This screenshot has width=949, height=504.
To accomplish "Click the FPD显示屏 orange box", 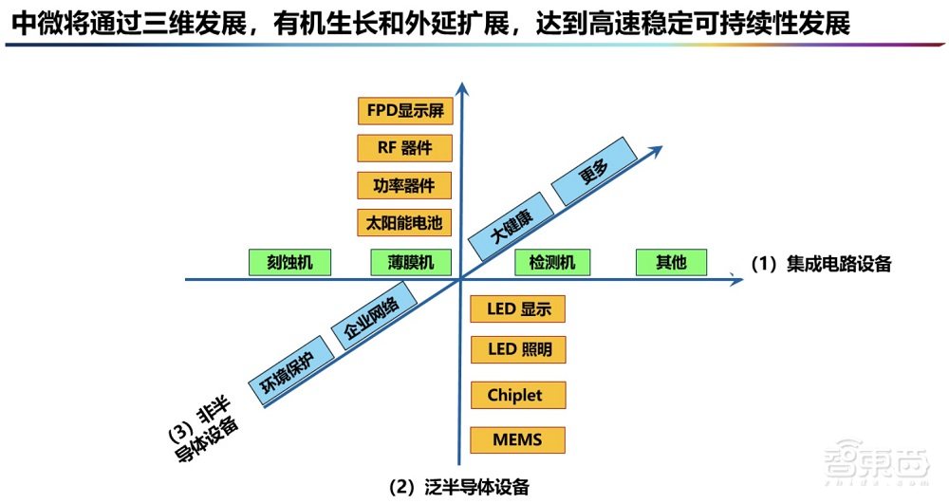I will (405, 110).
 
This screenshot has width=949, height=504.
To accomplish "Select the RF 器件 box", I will (405, 148).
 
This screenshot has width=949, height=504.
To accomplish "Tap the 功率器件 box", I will (405, 185).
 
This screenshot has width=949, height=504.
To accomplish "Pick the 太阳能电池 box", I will (405, 223).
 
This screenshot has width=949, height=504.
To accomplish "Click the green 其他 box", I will (672, 263).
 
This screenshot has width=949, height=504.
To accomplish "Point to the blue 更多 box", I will (594, 172).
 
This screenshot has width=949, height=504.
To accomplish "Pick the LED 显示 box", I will (518, 309).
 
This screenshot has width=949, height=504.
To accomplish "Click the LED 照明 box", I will (518, 349).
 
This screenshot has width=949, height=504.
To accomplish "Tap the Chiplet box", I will (518, 395).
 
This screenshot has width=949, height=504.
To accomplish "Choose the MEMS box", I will (518, 440).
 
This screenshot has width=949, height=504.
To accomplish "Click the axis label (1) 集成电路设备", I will (822, 265).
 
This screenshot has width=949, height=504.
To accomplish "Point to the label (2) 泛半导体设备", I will (459, 487).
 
